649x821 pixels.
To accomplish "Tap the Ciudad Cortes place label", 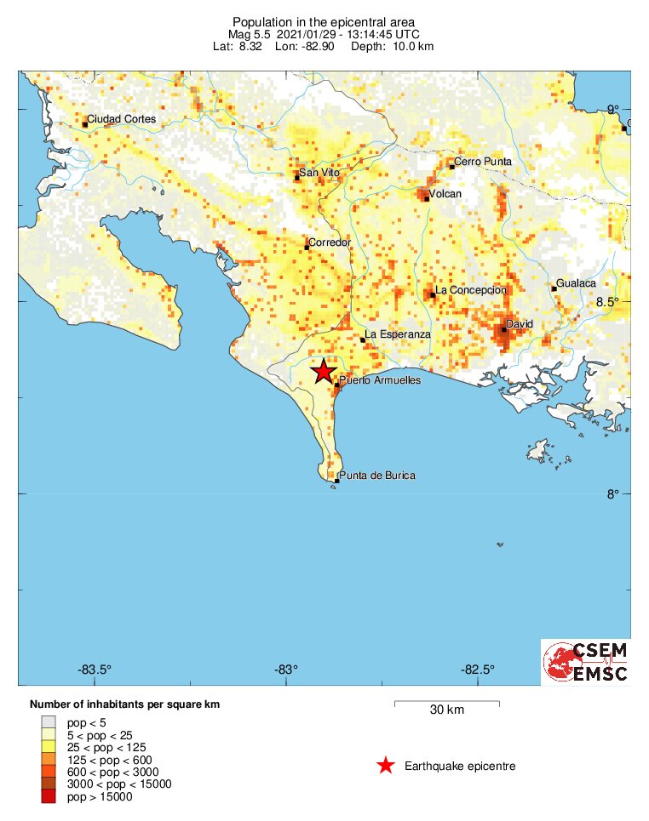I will point(122,119).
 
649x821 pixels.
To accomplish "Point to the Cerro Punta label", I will point(483,161).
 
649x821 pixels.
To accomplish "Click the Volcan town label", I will point(445,194).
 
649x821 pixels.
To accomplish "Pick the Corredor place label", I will point(330,242).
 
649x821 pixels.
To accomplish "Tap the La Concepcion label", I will point(471,290).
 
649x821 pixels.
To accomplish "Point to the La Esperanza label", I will point(398,334).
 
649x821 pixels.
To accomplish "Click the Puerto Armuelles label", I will point(380,380).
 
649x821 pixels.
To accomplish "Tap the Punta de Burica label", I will point(377,476).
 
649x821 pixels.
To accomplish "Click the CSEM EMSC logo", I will point(586,662).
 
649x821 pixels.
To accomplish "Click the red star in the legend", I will point(386,766).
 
